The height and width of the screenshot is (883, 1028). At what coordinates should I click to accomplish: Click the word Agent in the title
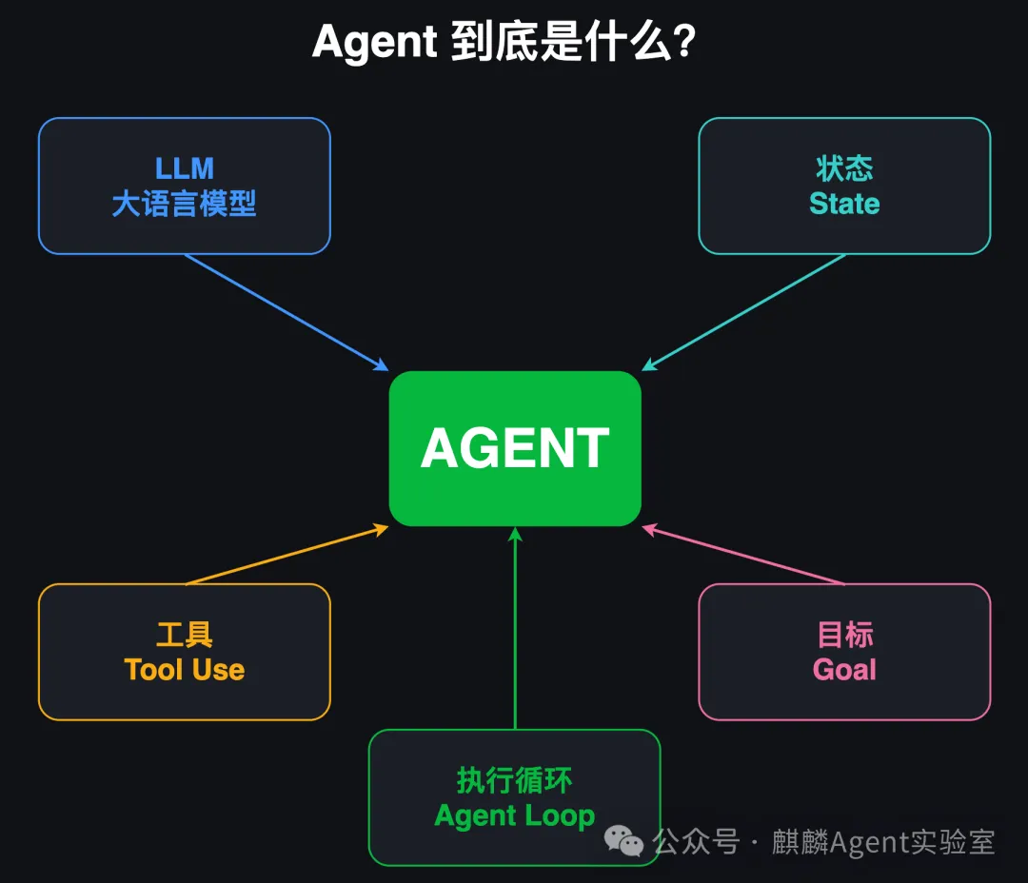(x=374, y=43)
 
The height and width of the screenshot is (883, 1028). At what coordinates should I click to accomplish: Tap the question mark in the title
(x=683, y=41)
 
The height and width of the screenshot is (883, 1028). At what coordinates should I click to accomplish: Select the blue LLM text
(x=185, y=168)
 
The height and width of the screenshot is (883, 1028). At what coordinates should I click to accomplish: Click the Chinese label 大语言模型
(x=185, y=204)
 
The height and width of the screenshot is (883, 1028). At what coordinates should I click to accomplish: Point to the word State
(x=844, y=204)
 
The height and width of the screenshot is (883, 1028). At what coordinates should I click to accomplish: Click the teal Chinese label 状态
(x=844, y=168)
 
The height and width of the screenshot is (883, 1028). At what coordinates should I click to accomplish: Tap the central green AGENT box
(x=515, y=448)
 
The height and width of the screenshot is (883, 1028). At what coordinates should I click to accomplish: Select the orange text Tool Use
(x=185, y=670)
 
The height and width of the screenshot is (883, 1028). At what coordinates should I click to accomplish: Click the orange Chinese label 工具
(x=185, y=635)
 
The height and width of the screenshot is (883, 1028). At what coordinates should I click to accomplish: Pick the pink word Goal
(x=844, y=670)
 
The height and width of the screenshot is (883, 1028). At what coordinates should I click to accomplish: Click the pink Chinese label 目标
(x=845, y=635)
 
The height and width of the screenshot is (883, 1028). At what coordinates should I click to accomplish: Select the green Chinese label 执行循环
(x=515, y=780)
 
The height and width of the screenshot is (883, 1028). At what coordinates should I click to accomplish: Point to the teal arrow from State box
(x=743, y=313)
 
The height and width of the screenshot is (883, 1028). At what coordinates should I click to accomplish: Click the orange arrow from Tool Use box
(x=287, y=554)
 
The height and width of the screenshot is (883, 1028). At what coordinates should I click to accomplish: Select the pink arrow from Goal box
(x=743, y=554)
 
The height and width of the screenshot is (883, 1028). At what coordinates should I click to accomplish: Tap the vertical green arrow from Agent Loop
(x=515, y=628)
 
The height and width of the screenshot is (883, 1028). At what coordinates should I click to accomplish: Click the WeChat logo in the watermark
(x=623, y=841)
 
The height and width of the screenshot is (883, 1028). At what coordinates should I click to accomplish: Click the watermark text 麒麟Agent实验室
(x=883, y=842)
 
